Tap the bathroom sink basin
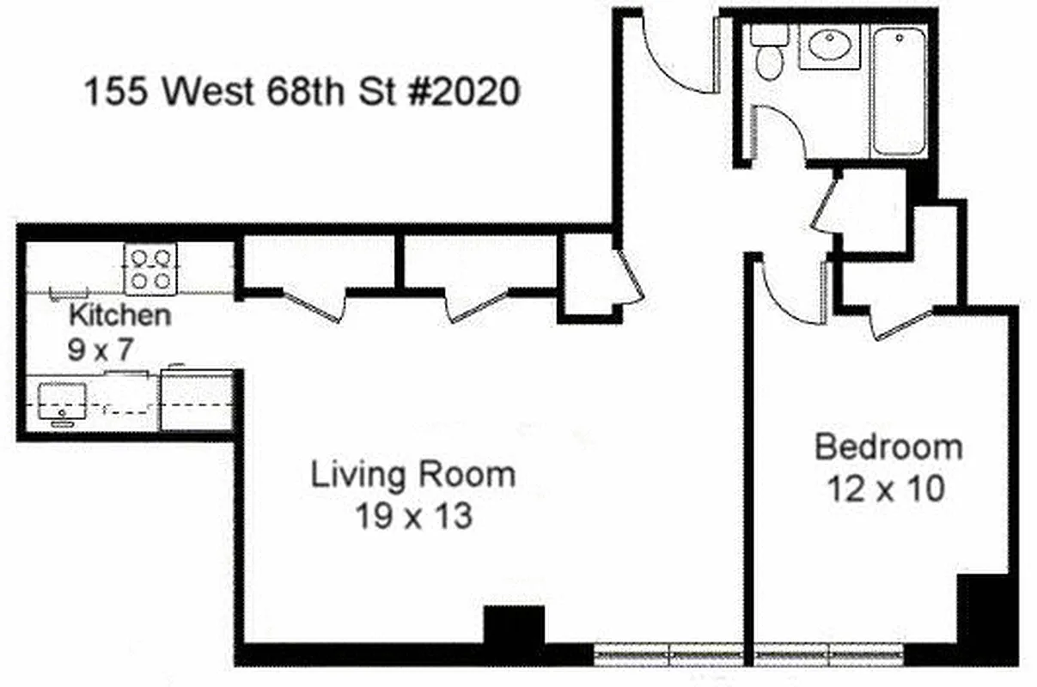pos(829,47)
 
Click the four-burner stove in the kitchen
pos(150,268)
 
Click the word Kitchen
pos(119,315)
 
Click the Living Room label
pos(412,474)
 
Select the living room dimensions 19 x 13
pos(413,516)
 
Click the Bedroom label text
pos(888,447)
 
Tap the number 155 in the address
pos(112,91)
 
